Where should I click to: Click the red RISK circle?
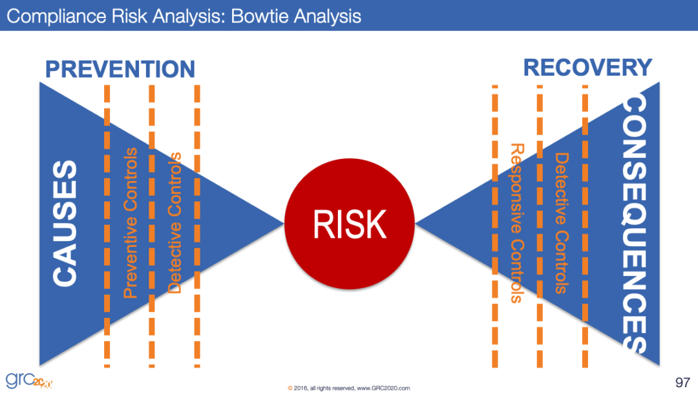pos(350,224)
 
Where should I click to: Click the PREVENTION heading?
pos(120,69)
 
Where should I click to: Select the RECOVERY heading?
pos(587,67)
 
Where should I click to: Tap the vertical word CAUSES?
pos(65,223)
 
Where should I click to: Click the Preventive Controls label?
pos(131,223)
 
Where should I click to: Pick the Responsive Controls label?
pos(516,223)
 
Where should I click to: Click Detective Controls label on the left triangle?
pos(174,223)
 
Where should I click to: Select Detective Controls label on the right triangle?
pos(561,223)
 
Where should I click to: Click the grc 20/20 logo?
pos(29,379)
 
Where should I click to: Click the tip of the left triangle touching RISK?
pos(283,223)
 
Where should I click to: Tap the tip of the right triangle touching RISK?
pos(418,223)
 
